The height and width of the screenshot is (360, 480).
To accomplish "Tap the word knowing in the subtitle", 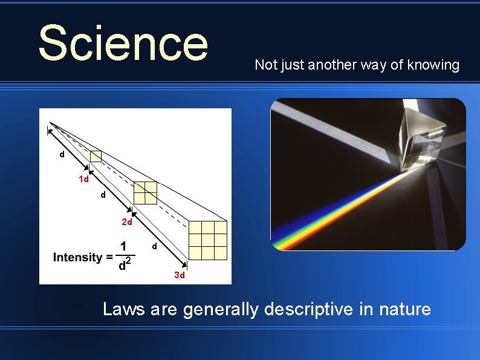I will (x=433, y=65).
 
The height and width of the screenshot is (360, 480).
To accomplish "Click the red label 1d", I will (x=83, y=179).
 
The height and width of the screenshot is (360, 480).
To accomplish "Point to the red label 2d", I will (x=127, y=222).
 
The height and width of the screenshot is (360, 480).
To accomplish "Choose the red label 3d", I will (x=180, y=275).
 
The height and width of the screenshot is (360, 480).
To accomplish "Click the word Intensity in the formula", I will (x=78, y=257).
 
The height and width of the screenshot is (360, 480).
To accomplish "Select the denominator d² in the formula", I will (x=125, y=265).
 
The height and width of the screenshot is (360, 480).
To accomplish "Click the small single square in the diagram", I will (x=96, y=156).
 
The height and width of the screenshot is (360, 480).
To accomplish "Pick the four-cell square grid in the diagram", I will (x=145, y=192).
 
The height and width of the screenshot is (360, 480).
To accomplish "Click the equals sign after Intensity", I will (x=109, y=258).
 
